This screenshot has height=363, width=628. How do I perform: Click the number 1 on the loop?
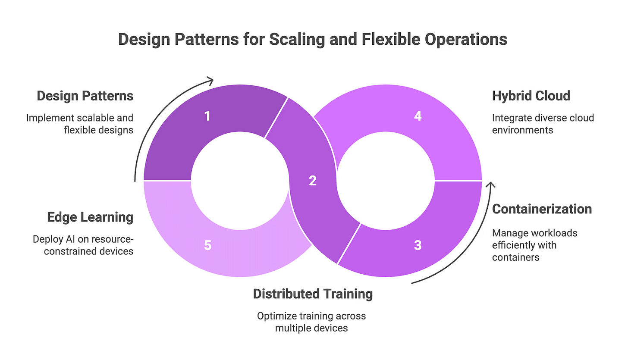coord(207,116)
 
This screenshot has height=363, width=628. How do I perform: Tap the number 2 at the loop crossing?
coord(313,181)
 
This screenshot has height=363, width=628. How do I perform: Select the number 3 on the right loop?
coord(418,245)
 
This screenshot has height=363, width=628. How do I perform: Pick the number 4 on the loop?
coord(418,116)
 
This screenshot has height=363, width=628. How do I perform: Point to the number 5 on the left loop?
coord(207,245)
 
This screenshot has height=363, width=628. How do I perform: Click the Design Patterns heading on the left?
coord(85,96)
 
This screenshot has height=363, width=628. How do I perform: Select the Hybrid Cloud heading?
coord(531,96)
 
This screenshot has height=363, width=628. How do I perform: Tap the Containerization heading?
coord(542,209)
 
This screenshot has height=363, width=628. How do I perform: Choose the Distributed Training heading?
coord(313,294)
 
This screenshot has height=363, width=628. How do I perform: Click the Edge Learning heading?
coord(90,217)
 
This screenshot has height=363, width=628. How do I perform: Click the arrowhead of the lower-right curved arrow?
coord(490,185)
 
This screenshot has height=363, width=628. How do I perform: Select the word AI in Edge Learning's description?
coord(70,239)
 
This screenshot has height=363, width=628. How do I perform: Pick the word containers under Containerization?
coord(515,257)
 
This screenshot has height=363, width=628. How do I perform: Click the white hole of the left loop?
coord(240,181)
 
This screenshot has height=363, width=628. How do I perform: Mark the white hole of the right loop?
coord(386,181)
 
